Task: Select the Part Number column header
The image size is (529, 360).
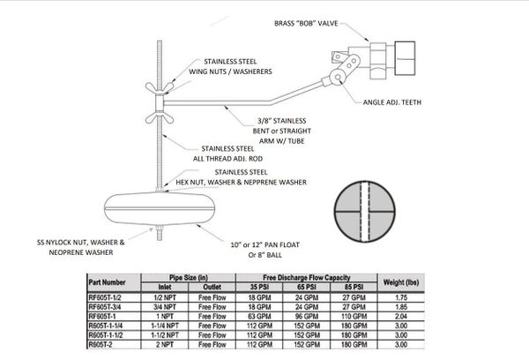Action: point(114,282)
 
